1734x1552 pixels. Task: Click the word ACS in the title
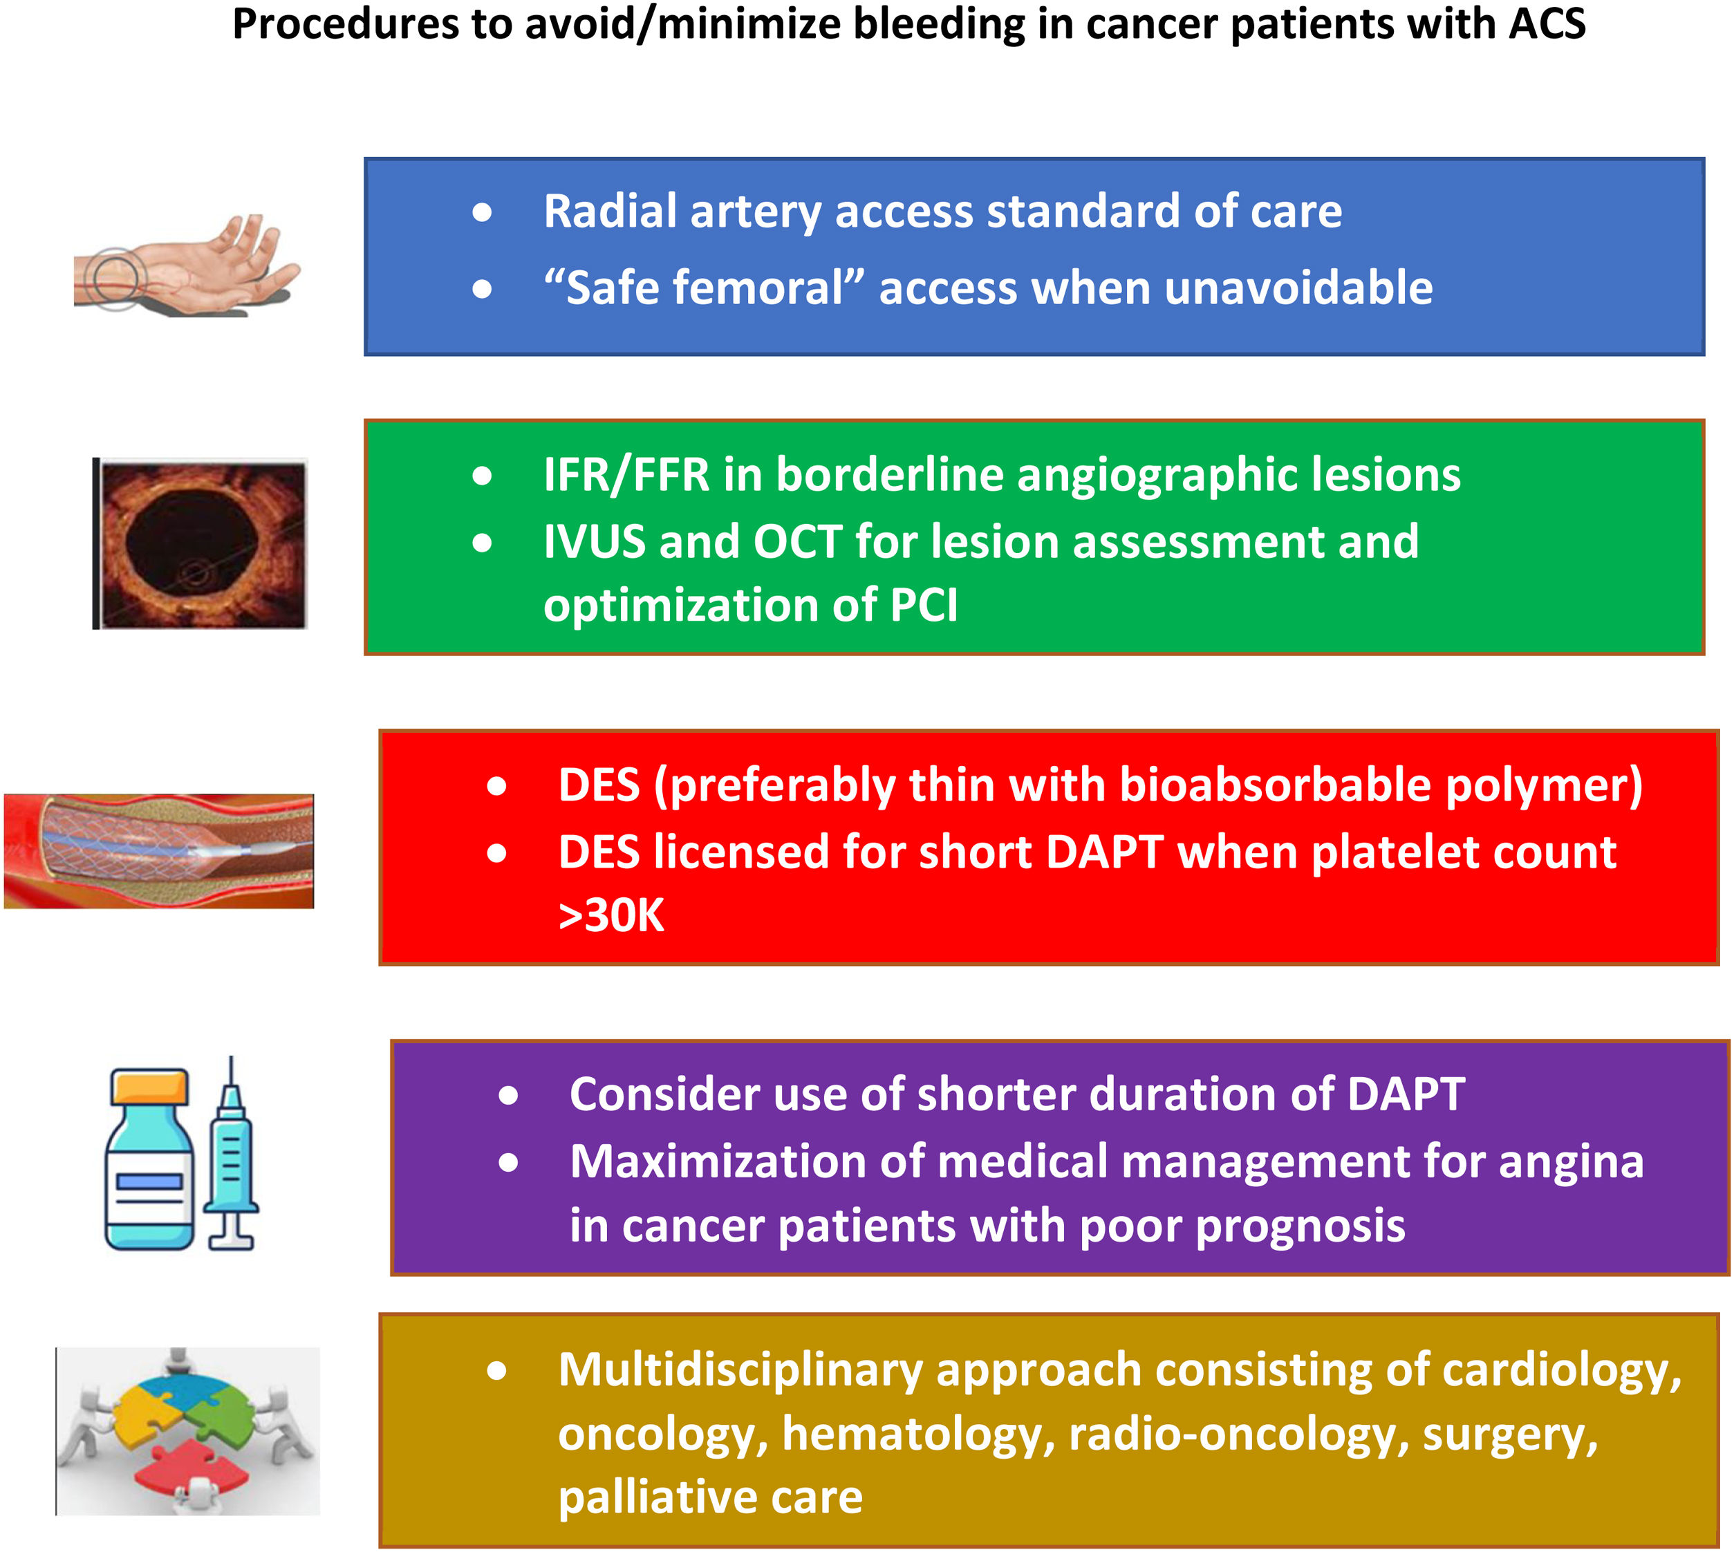point(1547,24)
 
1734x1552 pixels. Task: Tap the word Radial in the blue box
point(610,212)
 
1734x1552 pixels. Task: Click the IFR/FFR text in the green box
point(626,475)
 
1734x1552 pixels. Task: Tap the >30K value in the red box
point(610,916)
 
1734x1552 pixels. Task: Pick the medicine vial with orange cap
point(149,1160)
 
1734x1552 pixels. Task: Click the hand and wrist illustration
point(187,269)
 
